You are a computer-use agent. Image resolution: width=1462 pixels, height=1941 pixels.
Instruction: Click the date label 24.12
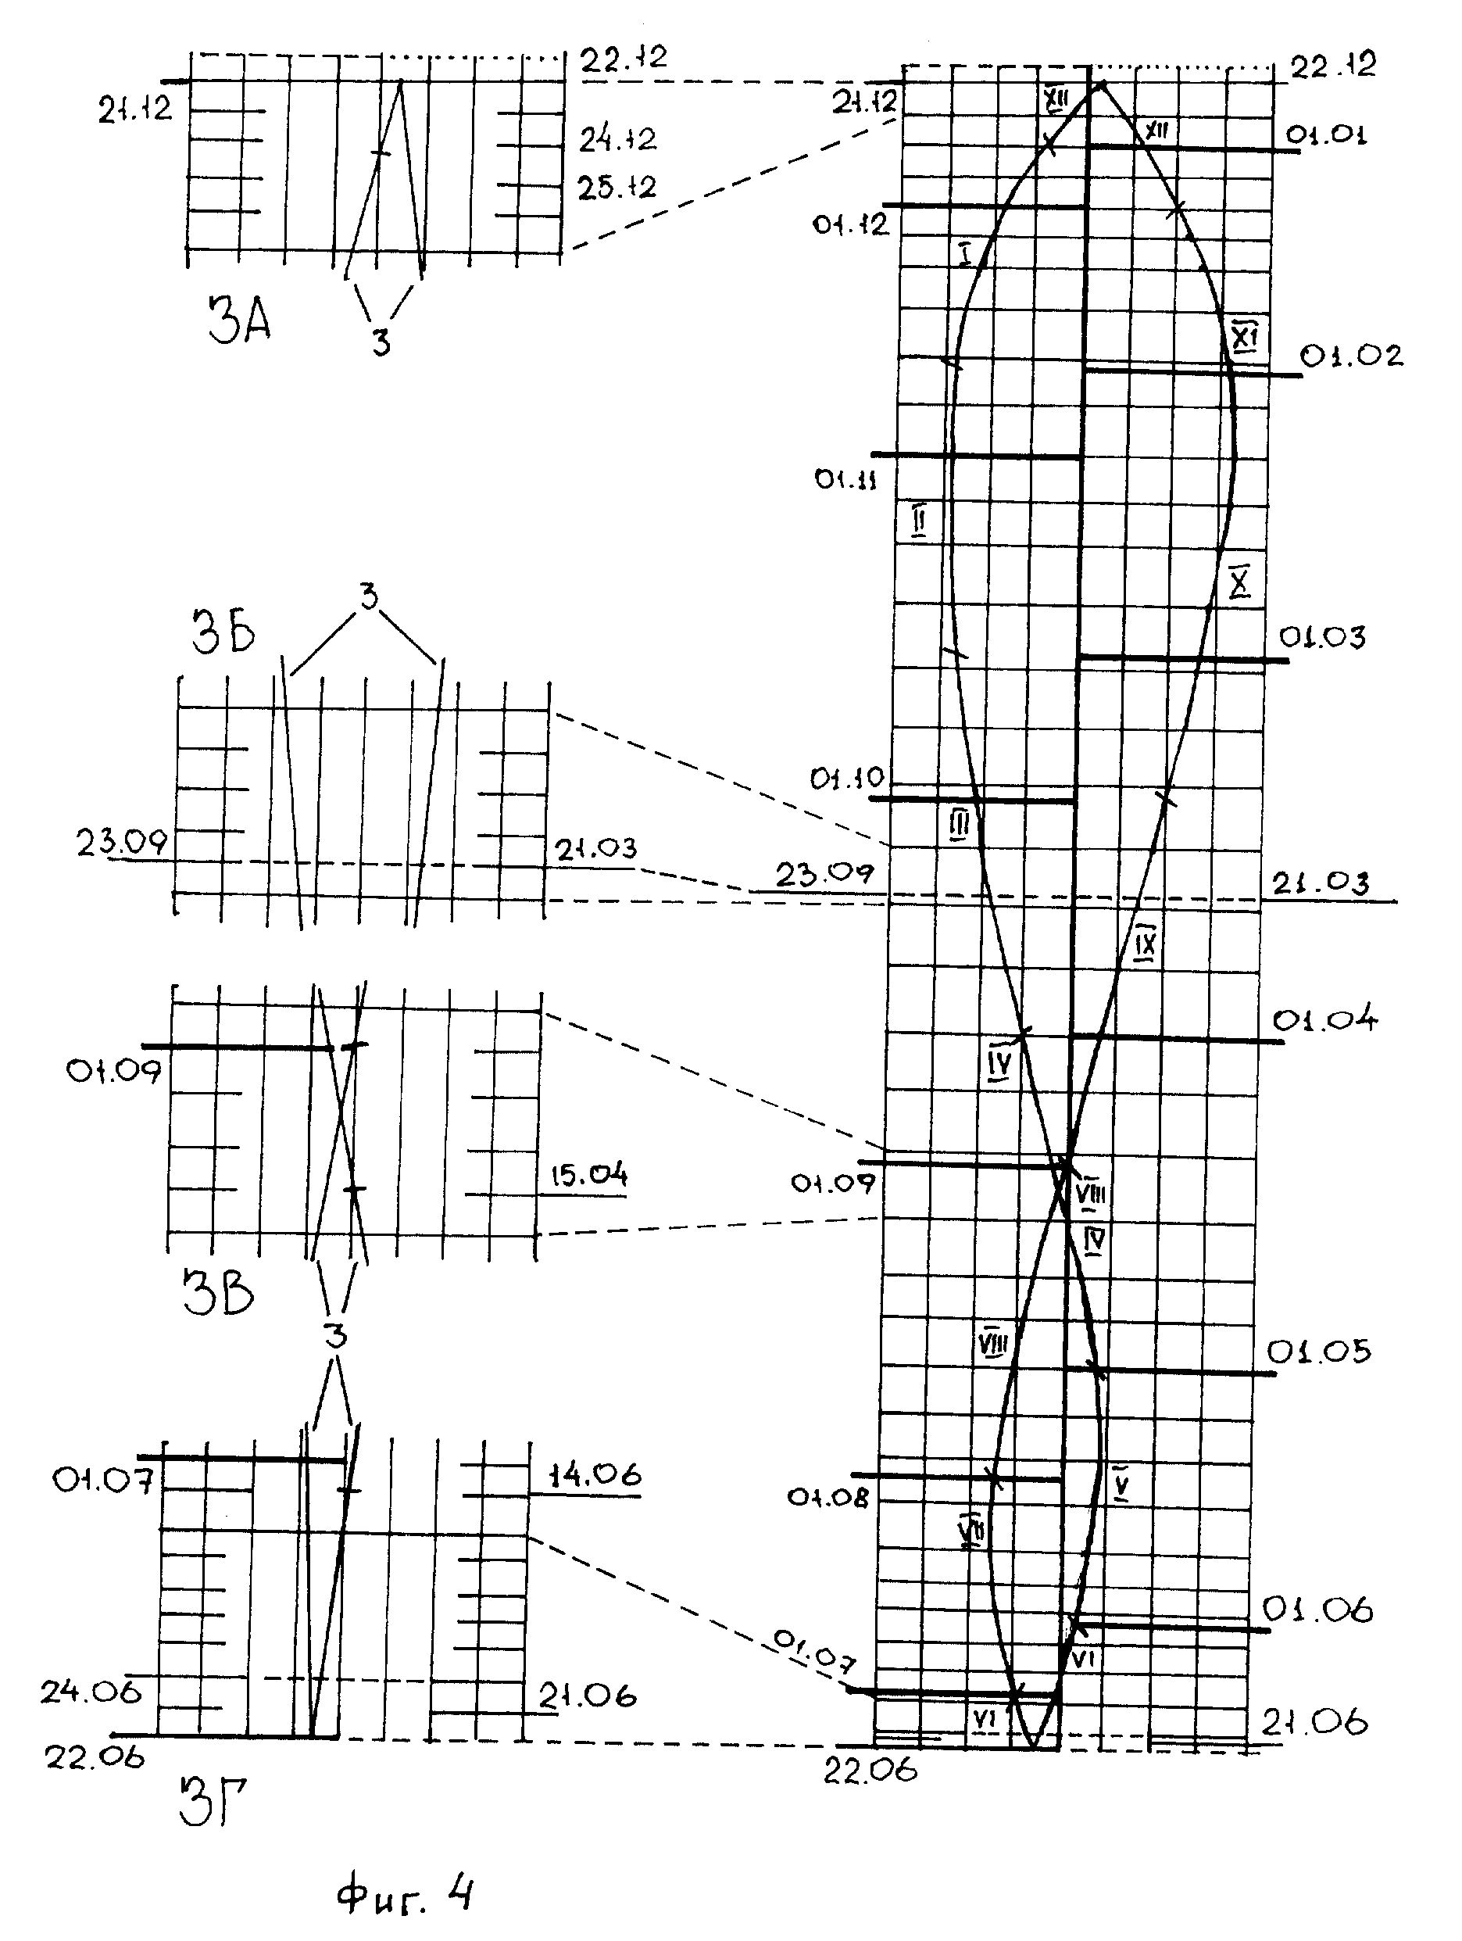(617, 138)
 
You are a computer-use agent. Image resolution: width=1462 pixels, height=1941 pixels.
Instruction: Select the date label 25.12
(617, 187)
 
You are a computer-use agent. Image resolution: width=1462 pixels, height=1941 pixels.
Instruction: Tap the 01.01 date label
(1325, 135)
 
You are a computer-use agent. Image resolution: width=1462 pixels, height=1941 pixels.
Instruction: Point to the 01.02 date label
(1350, 356)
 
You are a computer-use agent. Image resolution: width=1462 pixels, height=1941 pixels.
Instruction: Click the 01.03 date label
(1321, 637)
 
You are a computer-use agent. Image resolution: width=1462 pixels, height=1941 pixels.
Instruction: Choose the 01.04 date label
(1324, 1019)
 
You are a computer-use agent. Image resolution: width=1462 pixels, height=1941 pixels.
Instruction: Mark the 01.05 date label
(1318, 1352)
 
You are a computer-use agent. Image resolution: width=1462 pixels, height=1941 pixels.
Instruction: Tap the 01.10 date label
(847, 779)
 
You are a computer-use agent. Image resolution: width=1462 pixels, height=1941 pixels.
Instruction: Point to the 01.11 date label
(845, 480)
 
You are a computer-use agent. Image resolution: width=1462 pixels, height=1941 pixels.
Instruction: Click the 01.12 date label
(850, 224)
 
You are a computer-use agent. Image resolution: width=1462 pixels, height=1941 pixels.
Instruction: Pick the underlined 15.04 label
(588, 1174)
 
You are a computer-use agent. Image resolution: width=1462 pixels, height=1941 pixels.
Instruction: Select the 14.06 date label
(595, 1474)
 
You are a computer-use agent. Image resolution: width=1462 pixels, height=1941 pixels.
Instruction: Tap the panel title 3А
(239, 320)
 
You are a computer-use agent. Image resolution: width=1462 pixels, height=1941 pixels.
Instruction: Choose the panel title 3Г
(213, 1826)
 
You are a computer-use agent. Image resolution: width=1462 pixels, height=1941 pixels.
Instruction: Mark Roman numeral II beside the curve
(918, 521)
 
